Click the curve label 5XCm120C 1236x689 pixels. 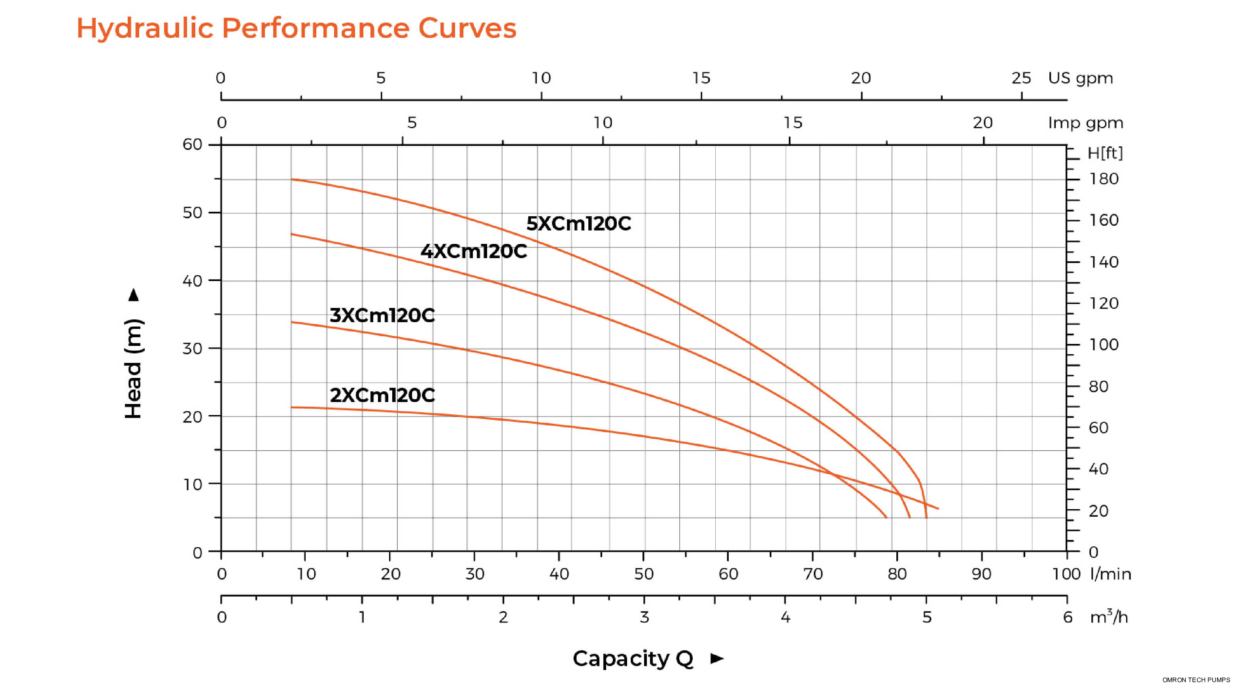click(578, 224)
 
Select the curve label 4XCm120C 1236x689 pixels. click(474, 251)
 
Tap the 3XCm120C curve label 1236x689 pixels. click(382, 315)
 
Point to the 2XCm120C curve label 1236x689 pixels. click(382, 395)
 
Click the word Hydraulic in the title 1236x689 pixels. click(144, 28)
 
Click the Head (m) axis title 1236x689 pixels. click(133, 368)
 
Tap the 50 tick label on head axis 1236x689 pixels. click(193, 213)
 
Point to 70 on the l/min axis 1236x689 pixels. click(813, 574)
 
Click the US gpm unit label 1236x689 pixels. click(1080, 78)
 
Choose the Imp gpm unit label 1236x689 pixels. click(1085, 123)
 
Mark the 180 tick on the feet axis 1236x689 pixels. click(1104, 179)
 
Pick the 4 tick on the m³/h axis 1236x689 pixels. click(786, 617)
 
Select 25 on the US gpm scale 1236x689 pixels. click(1021, 78)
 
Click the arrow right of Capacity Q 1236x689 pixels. click(717, 658)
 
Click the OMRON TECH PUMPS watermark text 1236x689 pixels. click(1196, 680)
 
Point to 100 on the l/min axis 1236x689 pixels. click(1066, 574)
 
